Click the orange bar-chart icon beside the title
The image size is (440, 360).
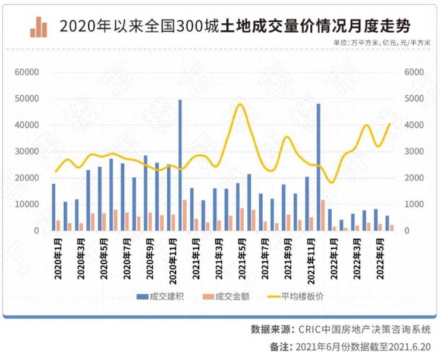pos(39,26)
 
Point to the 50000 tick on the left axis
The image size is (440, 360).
pos(27,99)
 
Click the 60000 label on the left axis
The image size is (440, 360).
pos(27,72)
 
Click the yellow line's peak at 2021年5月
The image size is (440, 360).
pos(240,105)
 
